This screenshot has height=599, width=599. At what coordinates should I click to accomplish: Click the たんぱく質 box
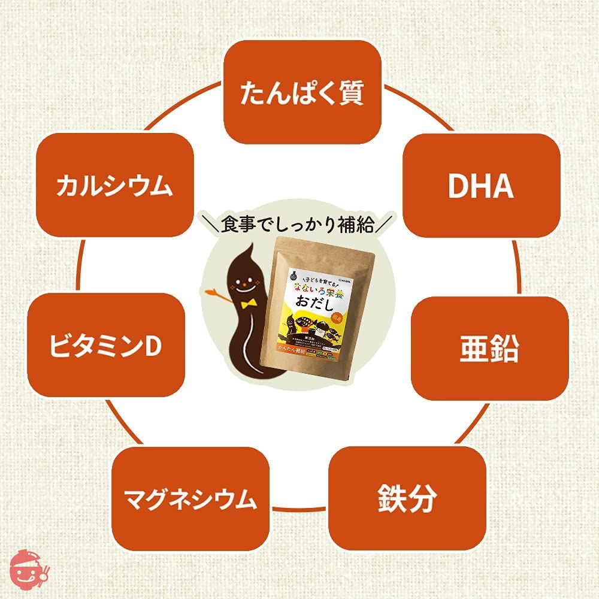pyautogui.click(x=302, y=92)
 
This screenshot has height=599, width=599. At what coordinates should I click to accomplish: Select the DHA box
pyautogui.click(x=481, y=184)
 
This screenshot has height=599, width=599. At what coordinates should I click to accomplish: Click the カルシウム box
pyautogui.click(x=114, y=185)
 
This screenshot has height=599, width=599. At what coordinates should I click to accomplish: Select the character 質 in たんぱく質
pyautogui.click(x=349, y=92)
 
